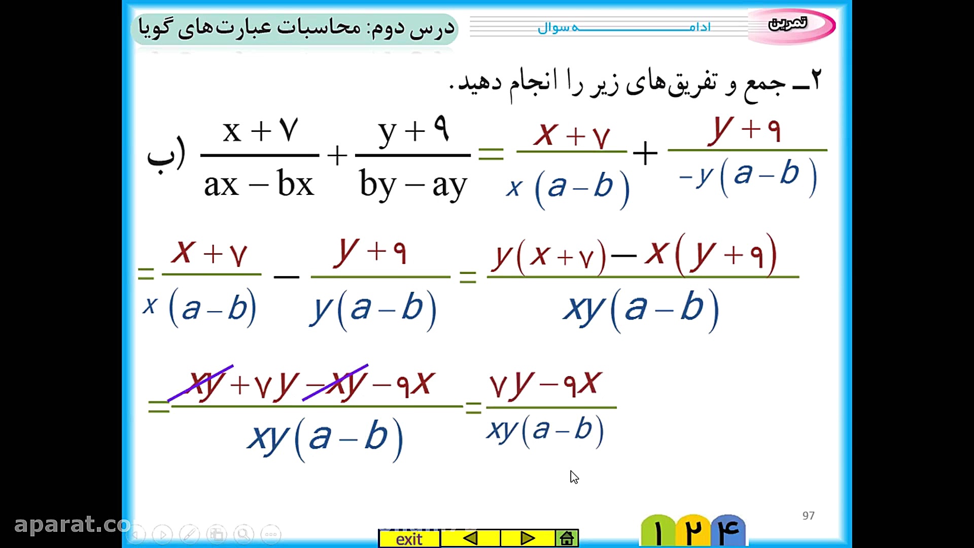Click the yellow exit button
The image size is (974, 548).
click(x=409, y=538)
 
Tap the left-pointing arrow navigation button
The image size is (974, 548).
click(x=470, y=538)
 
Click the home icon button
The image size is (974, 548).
click(x=567, y=538)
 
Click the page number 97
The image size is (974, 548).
click(x=808, y=516)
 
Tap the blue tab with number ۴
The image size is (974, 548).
click(x=728, y=531)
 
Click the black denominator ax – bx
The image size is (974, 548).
click(x=259, y=184)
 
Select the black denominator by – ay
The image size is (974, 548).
click(x=412, y=185)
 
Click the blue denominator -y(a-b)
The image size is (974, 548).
click(x=748, y=176)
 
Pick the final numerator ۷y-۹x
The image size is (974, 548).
click(x=546, y=385)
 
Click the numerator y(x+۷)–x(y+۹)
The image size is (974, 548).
click(x=634, y=254)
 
